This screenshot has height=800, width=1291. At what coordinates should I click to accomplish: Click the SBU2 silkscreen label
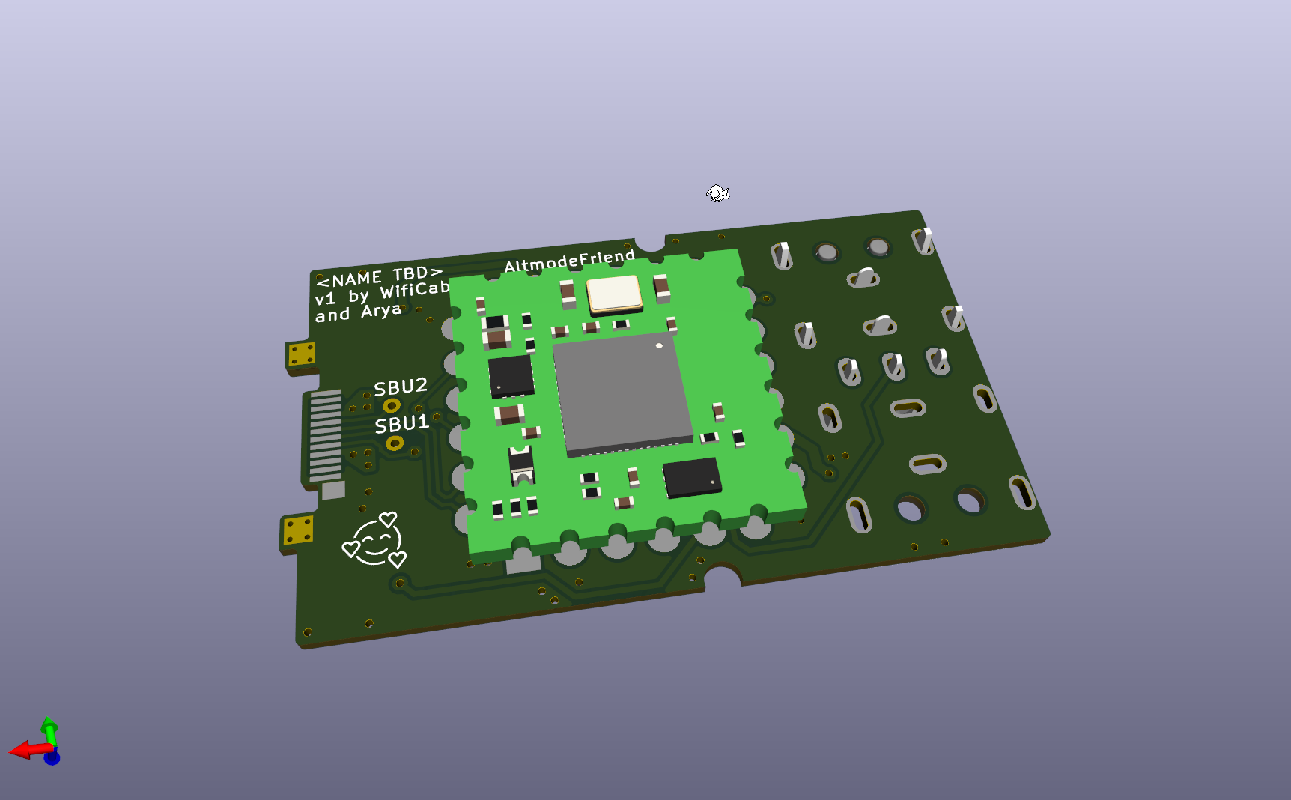click(x=401, y=387)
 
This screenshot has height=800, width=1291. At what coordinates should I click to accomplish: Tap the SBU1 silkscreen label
click(x=402, y=425)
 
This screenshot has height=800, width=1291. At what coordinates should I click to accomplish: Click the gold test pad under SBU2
click(x=391, y=406)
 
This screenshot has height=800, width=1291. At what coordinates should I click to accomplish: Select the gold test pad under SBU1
click(x=395, y=443)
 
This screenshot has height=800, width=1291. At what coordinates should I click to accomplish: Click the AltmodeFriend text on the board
click(x=569, y=261)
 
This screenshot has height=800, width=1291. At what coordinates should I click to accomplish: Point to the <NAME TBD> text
click(x=379, y=276)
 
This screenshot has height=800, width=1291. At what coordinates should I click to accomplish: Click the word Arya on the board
click(x=382, y=310)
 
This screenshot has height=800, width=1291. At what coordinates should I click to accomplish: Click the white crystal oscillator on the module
click(x=614, y=294)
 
